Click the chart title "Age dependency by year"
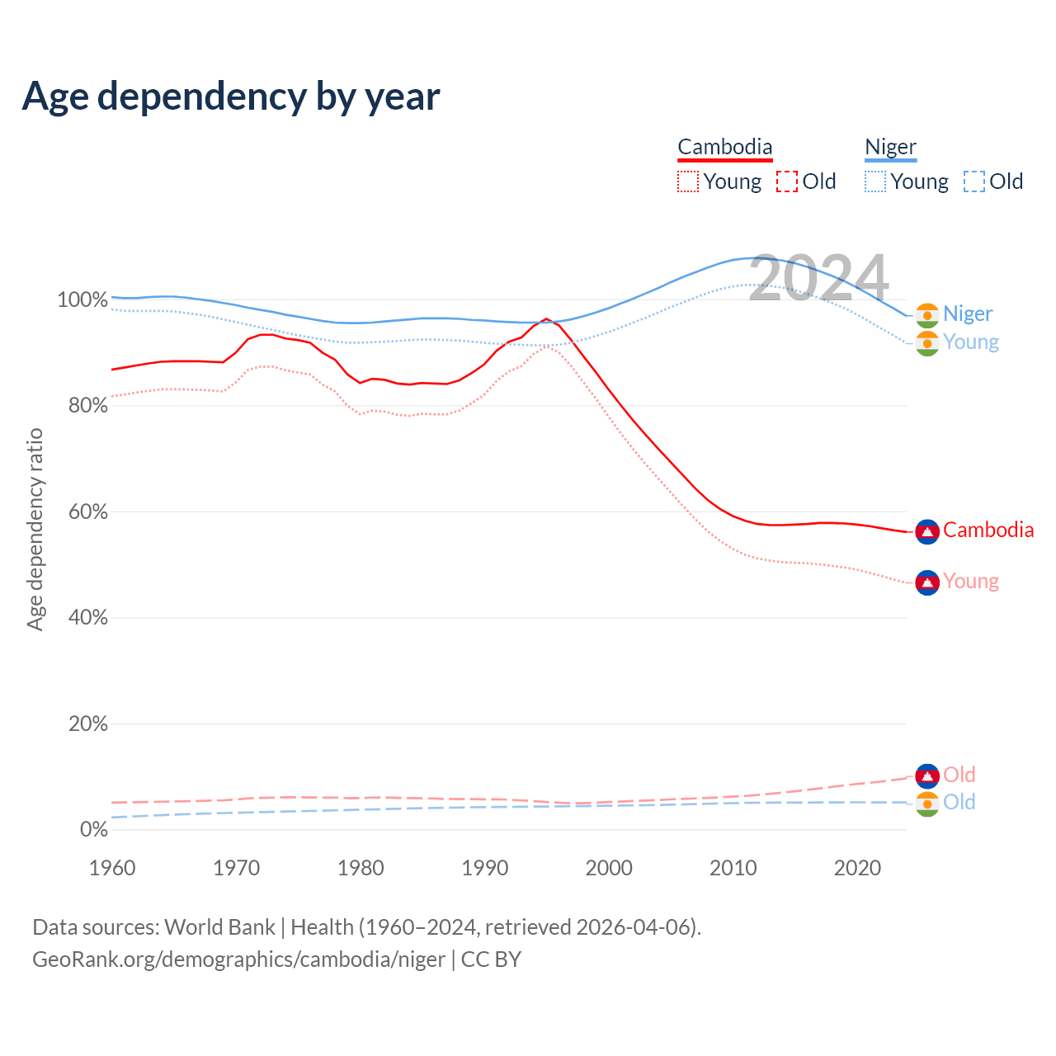[x=231, y=97]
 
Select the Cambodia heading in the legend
[x=725, y=147]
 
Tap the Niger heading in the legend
[x=890, y=147]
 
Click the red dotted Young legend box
[x=688, y=181]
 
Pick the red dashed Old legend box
[x=787, y=181]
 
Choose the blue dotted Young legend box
[x=875, y=181]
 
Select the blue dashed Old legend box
[x=974, y=181]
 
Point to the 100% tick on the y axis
[x=82, y=299]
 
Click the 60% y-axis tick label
[x=87, y=511]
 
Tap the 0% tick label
[x=93, y=829]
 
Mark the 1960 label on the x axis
[x=112, y=868]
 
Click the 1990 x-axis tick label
[x=485, y=868]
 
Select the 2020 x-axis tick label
[x=858, y=868]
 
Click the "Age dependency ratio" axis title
[x=35, y=529]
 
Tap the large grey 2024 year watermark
[x=818, y=278]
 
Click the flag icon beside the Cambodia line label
[x=927, y=532]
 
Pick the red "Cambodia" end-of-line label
[x=988, y=530]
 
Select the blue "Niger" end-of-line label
[x=968, y=313]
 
